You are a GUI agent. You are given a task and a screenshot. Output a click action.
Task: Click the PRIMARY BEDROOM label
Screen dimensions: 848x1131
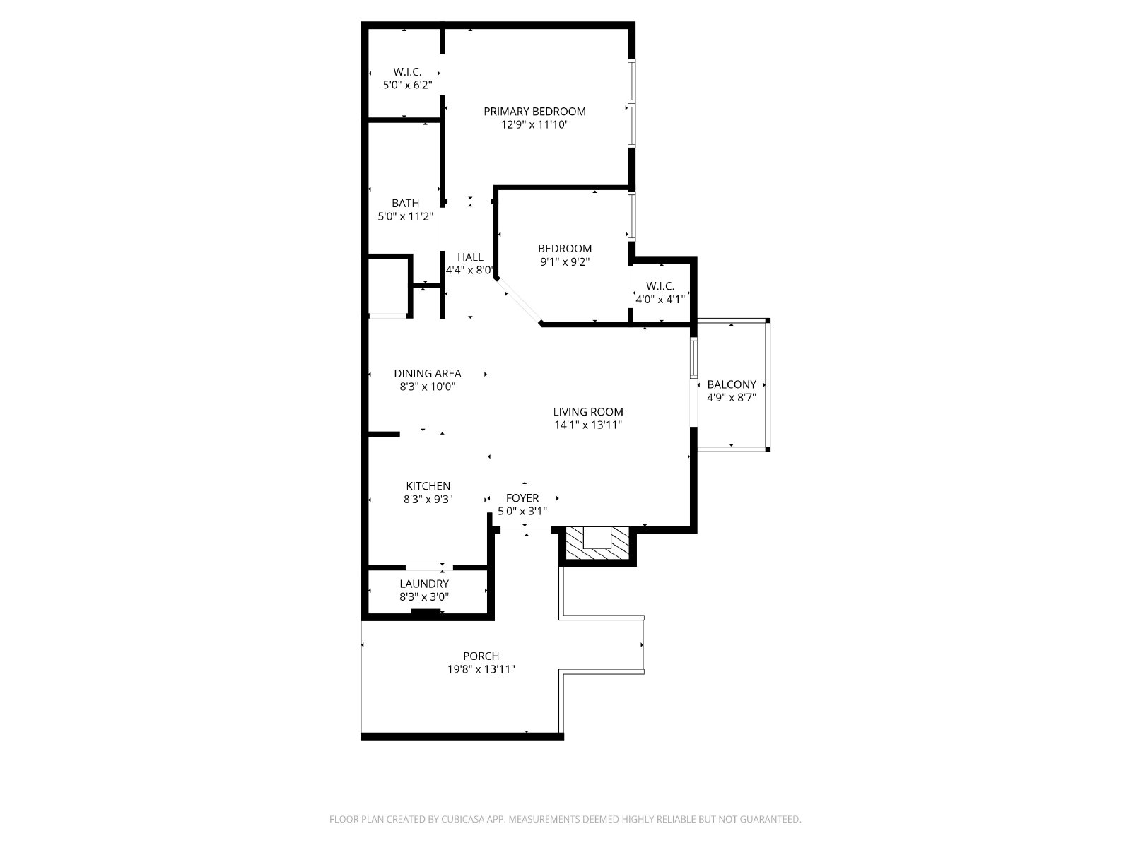tap(534, 112)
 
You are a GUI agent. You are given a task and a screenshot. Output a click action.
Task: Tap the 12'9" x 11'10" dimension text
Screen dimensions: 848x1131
tap(534, 125)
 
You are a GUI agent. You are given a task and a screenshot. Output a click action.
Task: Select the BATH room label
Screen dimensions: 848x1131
tap(405, 204)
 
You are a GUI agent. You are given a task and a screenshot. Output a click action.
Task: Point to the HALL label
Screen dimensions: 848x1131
tap(470, 257)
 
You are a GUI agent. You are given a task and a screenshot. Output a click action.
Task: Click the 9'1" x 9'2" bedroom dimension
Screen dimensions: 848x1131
tap(565, 261)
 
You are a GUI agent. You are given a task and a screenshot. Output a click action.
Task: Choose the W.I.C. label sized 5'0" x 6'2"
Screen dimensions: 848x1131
tap(407, 72)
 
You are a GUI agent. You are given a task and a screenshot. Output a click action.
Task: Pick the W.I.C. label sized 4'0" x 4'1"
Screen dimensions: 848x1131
tap(660, 286)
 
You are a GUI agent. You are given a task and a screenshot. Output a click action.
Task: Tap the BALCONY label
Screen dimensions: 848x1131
tap(732, 384)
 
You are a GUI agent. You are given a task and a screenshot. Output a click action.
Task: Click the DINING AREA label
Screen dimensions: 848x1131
tap(428, 374)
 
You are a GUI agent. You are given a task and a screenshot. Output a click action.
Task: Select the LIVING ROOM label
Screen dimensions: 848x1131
tap(588, 412)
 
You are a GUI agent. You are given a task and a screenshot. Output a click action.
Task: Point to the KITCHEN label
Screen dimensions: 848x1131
tap(428, 486)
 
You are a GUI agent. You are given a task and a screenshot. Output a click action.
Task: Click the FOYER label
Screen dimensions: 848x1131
tap(522, 498)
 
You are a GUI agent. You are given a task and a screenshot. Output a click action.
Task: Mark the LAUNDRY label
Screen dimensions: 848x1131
tap(424, 584)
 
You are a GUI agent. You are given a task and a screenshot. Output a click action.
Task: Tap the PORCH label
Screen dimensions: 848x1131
tap(481, 656)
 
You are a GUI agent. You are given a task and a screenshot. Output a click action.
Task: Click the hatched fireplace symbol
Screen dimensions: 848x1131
tap(598, 546)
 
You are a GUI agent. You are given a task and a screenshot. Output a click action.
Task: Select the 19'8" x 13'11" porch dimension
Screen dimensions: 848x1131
tap(481, 669)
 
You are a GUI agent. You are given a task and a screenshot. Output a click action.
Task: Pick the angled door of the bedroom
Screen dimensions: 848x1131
tap(520, 302)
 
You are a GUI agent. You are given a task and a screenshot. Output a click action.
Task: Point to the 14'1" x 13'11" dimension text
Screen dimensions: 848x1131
tap(588, 425)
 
